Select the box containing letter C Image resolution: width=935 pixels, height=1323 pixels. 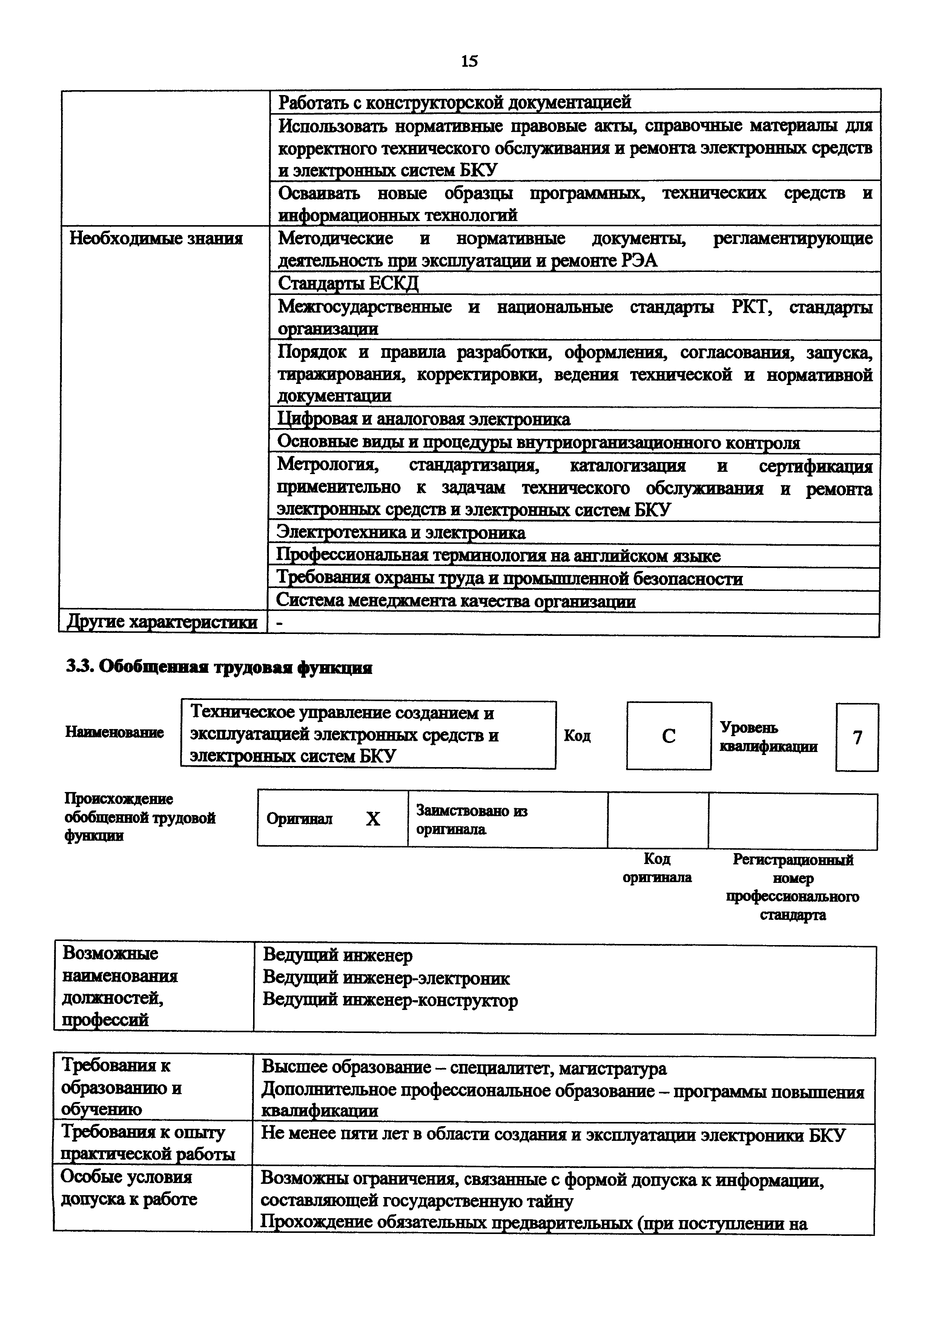pos(668,736)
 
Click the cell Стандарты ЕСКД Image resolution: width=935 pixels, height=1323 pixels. pos(348,283)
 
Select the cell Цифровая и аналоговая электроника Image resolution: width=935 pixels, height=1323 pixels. pos(424,419)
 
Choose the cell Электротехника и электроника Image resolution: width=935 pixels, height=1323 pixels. pos(401,533)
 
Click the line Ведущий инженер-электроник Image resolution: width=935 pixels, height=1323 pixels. pos(386,978)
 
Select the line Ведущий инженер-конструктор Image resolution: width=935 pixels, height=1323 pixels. pos(390,1000)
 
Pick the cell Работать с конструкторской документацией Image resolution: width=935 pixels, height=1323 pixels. pos(454,102)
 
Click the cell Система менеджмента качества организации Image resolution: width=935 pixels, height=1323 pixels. pos(456,601)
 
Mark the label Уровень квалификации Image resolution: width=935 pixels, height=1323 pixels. pos(768,737)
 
